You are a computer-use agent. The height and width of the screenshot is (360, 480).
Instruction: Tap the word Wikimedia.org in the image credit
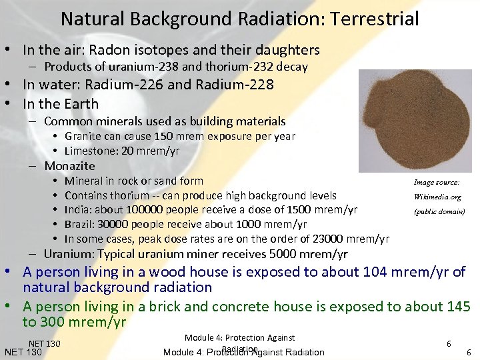tap(437, 197)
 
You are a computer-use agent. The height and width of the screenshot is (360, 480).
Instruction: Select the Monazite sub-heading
tap(70, 166)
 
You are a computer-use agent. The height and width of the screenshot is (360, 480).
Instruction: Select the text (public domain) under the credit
tap(437, 212)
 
